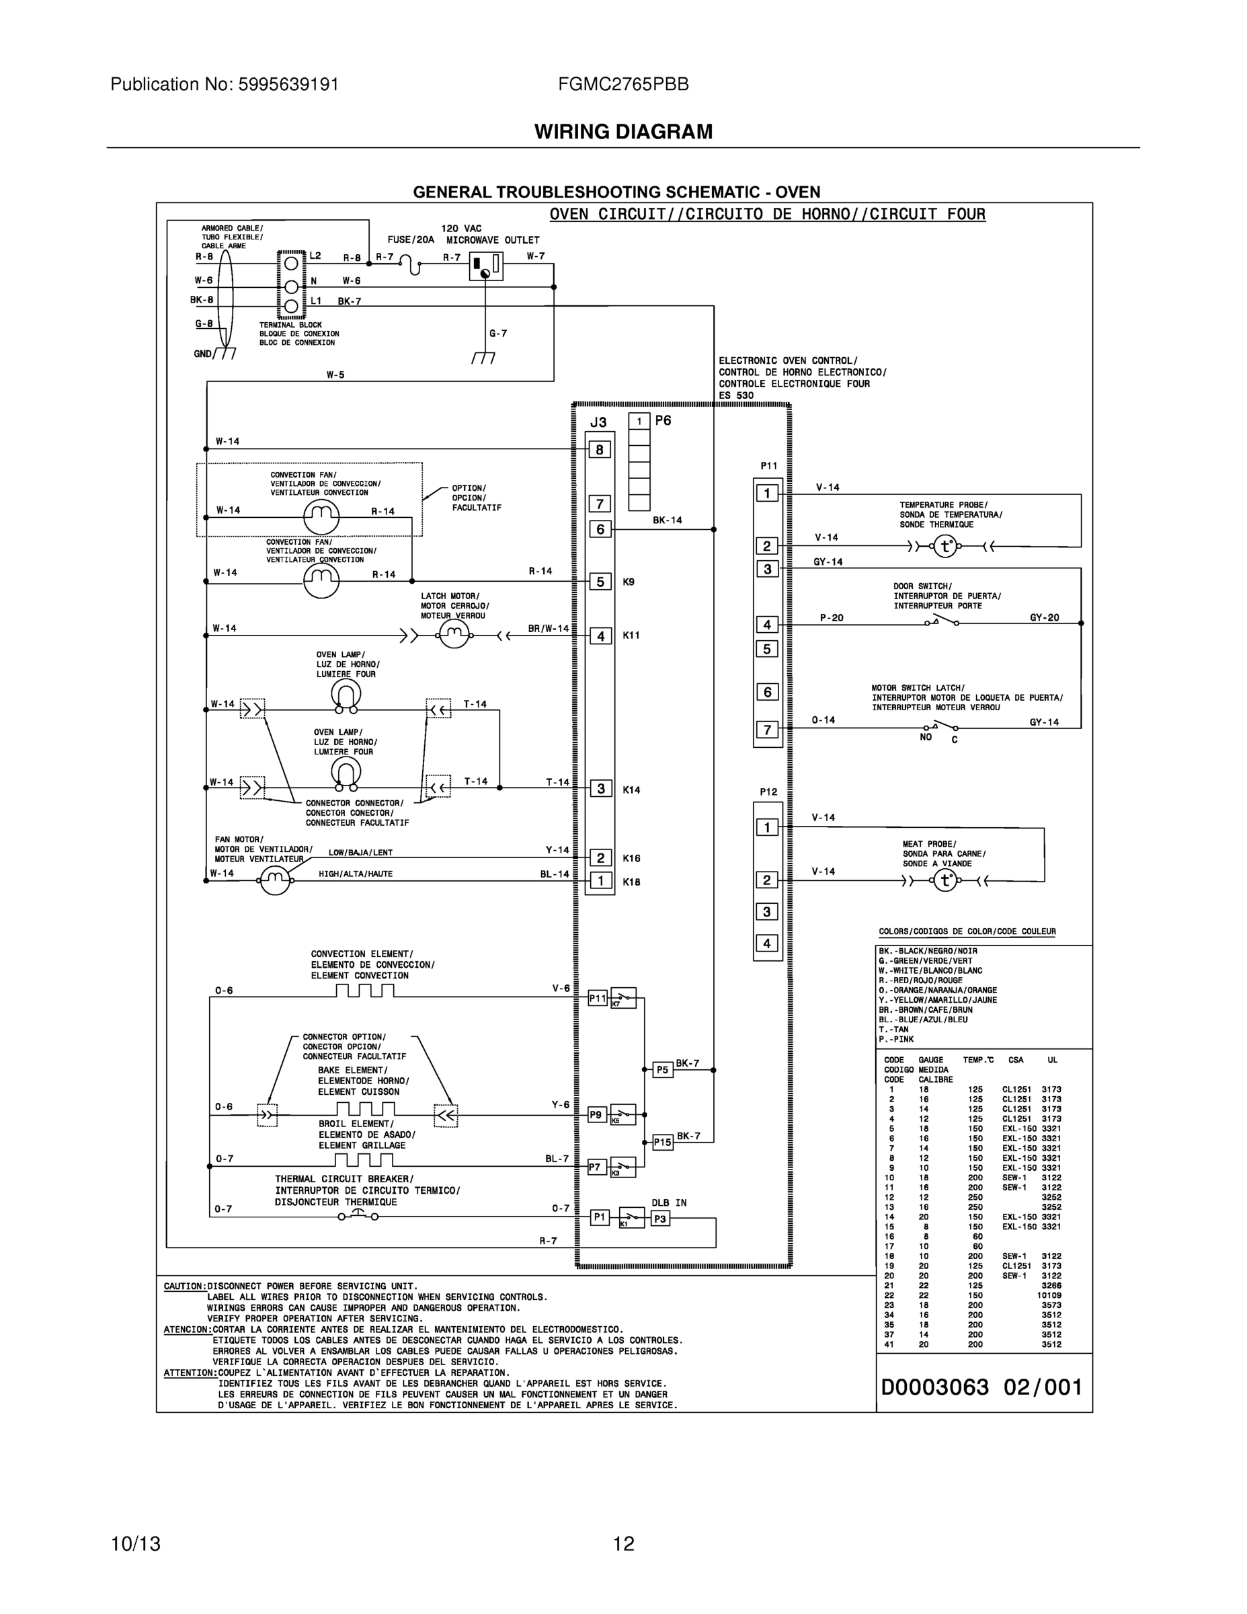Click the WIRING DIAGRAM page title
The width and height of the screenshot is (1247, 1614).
point(622,132)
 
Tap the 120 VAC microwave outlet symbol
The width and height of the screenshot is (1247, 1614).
point(485,266)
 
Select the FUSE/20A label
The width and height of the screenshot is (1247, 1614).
point(411,240)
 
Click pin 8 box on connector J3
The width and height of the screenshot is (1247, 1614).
point(599,449)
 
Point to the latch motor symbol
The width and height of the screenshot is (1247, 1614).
point(454,633)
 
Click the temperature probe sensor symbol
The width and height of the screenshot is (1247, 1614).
point(945,547)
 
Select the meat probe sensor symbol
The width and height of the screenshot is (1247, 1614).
point(945,880)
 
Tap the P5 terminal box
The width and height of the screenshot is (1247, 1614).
point(663,1069)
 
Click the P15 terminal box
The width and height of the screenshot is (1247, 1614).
point(663,1142)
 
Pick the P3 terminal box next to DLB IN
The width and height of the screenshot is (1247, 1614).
point(659,1218)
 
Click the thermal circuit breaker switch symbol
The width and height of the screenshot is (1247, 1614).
point(358,1216)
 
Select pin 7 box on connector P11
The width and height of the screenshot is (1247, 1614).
point(767,730)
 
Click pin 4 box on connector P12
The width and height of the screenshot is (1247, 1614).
point(767,944)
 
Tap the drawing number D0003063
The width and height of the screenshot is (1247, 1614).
point(934,1387)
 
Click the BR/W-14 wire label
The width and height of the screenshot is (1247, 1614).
point(548,629)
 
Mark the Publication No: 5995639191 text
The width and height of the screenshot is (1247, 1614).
point(225,85)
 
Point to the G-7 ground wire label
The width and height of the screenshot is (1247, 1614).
point(498,334)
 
